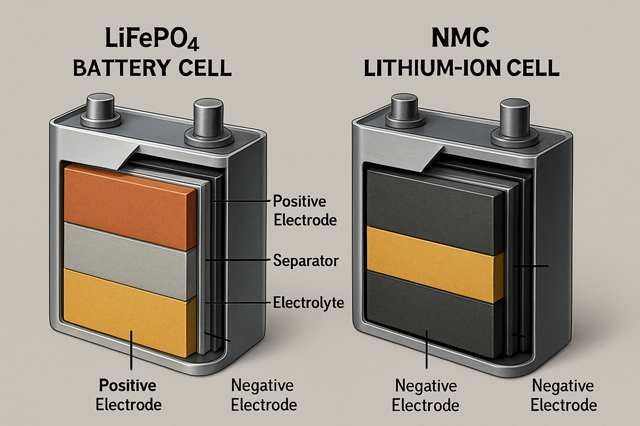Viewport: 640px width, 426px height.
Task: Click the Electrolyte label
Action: click(308, 304)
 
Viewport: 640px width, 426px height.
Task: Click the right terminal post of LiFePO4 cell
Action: click(210, 120)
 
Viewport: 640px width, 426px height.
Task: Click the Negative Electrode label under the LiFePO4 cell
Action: click(264, 394)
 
